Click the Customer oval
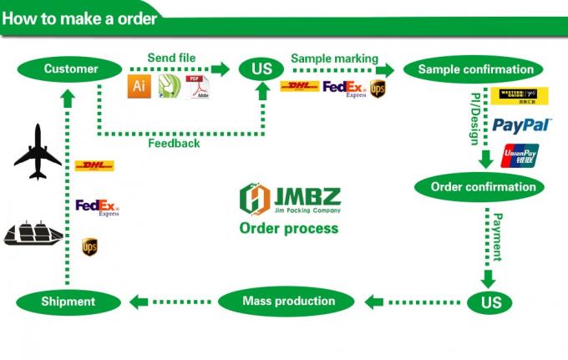pos(71,68)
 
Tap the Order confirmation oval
pos(484,186)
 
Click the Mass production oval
pos(288,301)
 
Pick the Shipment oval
pos(68,302)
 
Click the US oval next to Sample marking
pos(261,68)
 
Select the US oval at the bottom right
pos(491,302)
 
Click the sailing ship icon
pos(33,231)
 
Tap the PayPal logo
pos(522,125)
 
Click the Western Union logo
pos(523,96)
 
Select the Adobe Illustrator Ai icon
pos(139,87)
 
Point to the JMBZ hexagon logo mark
pos(255,198)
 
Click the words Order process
pos(288,228)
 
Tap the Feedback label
pos(174,143)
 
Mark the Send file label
pos(172,57)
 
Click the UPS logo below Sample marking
pos(378,88)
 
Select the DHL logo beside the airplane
pos(94,166)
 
